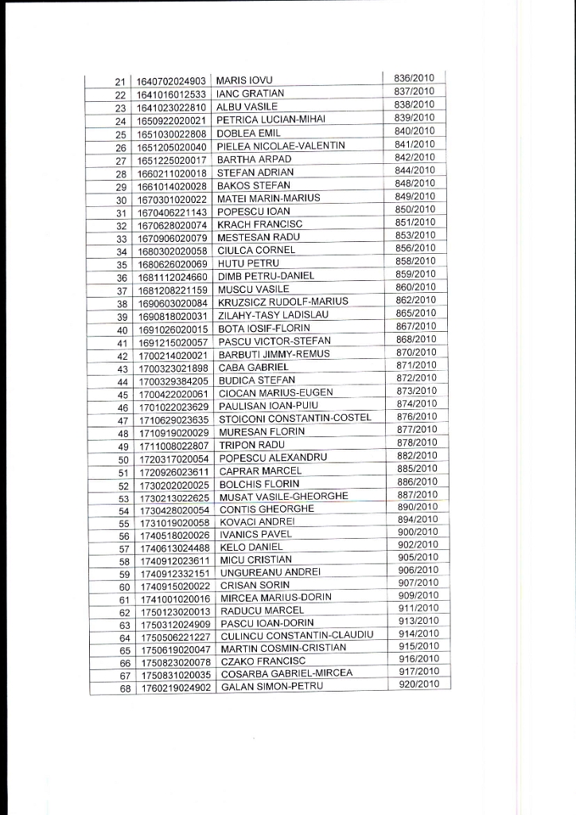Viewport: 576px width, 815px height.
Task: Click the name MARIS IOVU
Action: click(x=244, y=81)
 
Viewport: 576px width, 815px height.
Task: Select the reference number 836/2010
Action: click(x=414, y=78)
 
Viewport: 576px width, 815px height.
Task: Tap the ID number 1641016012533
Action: click(x=172, y=94)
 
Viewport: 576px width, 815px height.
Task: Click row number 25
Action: click(x=121, y=134)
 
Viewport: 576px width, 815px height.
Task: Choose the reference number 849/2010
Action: click(x=415, y=196)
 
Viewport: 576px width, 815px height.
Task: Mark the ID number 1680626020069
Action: click(x=173, y=263)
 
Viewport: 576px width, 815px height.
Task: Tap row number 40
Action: click(x=123, y=330)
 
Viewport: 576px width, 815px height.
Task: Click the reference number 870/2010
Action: click(x=416, y=352)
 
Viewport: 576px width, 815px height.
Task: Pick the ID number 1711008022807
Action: click(x=173, y=446)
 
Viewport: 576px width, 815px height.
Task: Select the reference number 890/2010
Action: click(x=418, y=507)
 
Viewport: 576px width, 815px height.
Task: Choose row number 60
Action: click(x=124, y=587)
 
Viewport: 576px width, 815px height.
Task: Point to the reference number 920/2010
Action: click(x=418, y=684)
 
